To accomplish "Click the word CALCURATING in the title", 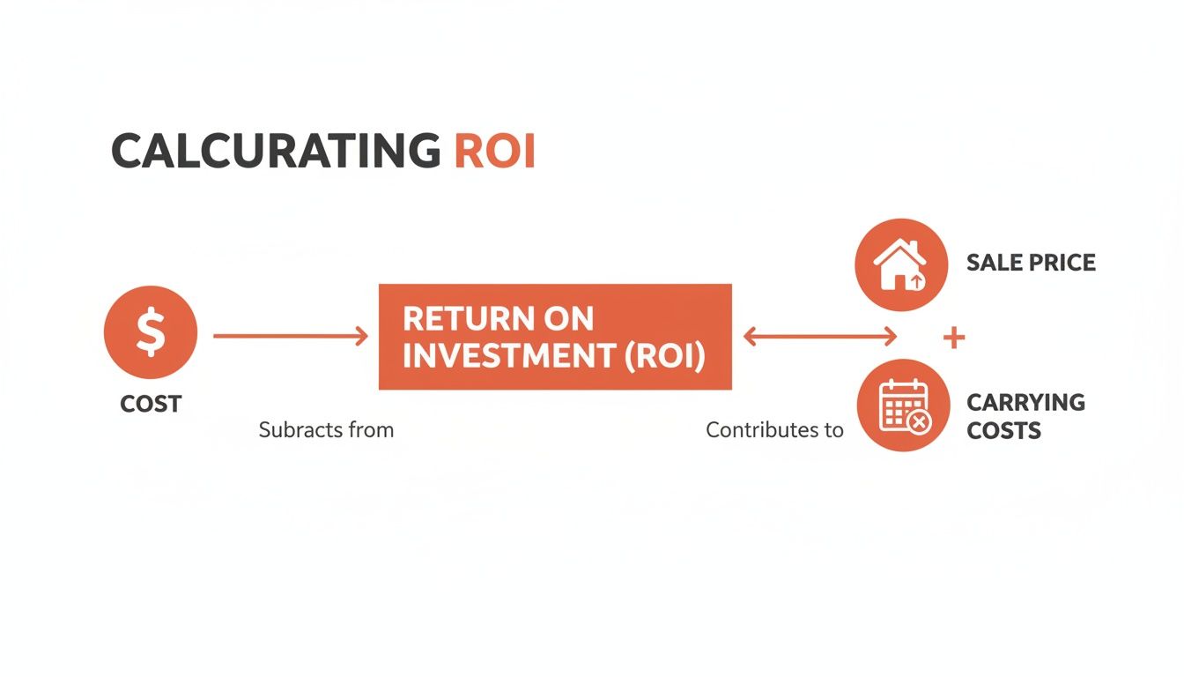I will (274, 152).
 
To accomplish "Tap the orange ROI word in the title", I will (494, 152).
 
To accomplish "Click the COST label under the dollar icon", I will (151, 404).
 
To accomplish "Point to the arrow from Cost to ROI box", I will (291, 336).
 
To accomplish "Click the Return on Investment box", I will (555, 337).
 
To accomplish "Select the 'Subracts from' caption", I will (326, 430).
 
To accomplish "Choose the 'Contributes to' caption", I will (774, 430).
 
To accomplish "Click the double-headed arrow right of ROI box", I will (820, 336).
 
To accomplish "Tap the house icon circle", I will (901, 264).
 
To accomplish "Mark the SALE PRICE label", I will (1031, 263).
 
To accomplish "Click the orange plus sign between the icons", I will (954, 338).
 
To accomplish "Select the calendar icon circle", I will (902, 406).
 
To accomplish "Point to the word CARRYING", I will (1025, 403).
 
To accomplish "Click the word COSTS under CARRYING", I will (1003, 431).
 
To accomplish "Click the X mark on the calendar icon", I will (919, 422).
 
